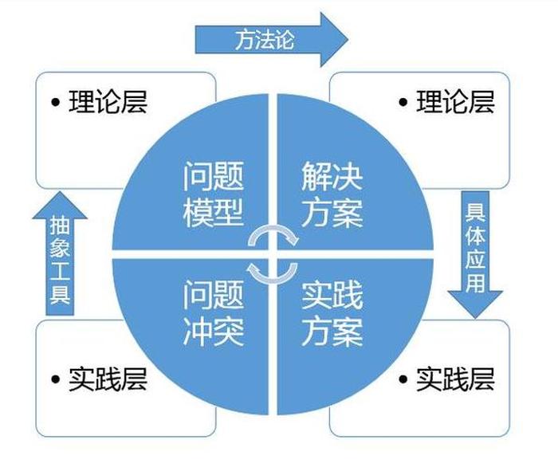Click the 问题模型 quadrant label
click(213, 195)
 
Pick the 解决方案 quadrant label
click(332, 195)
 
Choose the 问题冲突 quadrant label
click(213, 313)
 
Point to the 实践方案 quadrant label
click(332, 313)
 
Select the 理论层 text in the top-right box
click(455, 102)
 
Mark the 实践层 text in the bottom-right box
click(455, 379)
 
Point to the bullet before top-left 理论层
click(56, 103)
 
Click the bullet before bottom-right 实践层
click(403, 379)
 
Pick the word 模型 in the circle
click(213, 213)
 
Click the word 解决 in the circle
click(332, 177)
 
